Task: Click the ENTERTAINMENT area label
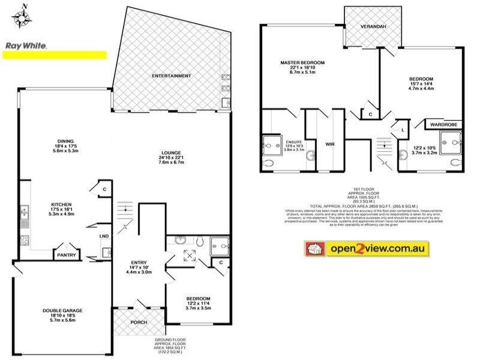pos(172,76)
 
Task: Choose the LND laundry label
pos(104,236)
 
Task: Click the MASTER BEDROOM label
pos(302,62)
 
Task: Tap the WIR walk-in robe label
pos(330,144)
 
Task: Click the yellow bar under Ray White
pos(55,55)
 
